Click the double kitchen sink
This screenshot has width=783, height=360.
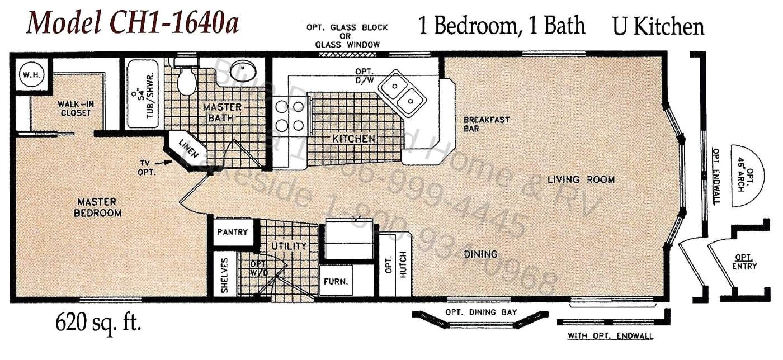pos(402,93)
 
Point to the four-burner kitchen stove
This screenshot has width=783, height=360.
pos(290,115)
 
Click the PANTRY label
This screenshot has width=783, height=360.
pos(232,232)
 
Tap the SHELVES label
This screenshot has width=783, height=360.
pos(224,275)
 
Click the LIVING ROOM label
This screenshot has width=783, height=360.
pos(581,180)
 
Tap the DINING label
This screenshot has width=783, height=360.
pos(480,254)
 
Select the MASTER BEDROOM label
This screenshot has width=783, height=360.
pos(97,207)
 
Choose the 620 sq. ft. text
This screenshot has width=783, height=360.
pos(97,324)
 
